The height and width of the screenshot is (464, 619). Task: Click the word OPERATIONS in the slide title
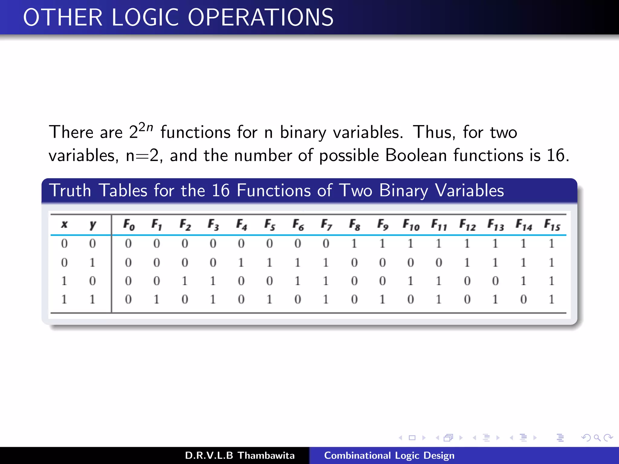261,18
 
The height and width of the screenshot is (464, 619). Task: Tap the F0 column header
129,224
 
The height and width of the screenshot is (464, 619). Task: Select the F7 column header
326,224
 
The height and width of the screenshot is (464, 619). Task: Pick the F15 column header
552,224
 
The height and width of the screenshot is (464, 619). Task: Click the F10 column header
411,224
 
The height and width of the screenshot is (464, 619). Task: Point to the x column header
64,224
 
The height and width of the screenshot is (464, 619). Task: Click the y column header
92,224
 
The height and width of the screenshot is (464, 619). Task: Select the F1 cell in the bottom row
156,299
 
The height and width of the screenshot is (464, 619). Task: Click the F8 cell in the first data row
354,243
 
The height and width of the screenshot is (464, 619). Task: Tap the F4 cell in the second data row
241,263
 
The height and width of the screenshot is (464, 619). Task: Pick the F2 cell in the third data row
185,281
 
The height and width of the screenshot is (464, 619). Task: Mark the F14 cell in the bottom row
523,299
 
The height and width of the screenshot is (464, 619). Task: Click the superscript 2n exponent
146,127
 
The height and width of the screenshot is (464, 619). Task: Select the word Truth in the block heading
70,190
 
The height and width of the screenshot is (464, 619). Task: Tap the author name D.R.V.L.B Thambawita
240,455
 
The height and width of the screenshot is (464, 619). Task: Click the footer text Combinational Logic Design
389,455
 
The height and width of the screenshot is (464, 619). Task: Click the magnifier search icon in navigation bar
597,438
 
